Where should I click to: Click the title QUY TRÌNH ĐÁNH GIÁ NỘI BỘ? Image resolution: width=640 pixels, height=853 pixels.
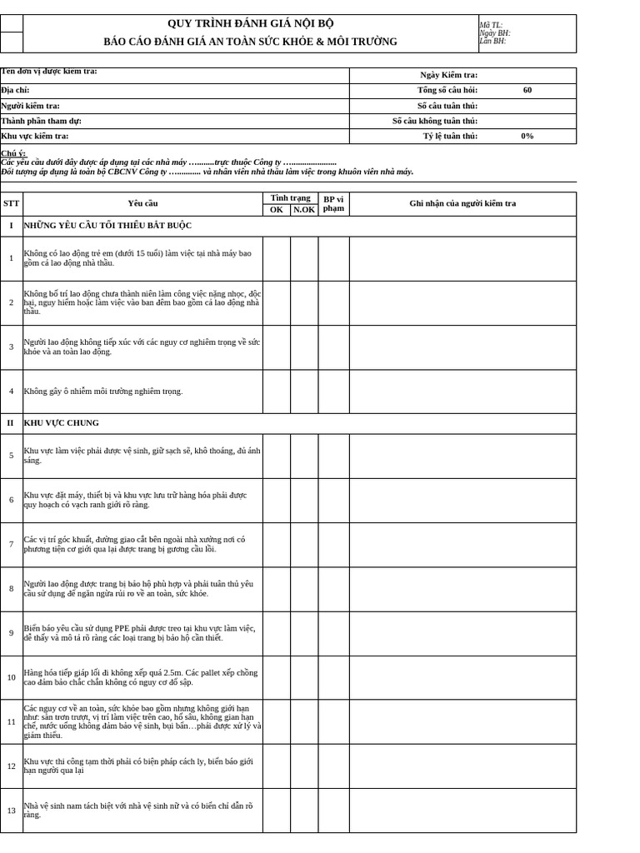pyautogui.click(x=250, y=23)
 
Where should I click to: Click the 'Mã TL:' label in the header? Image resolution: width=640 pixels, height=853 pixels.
pyautogui.click(x=491, y=25)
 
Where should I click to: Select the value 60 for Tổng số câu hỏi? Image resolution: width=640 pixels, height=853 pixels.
pyautogui.click(x=527, y=90)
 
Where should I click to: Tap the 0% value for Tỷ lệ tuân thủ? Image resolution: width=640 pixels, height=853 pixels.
pyautogui.click(x=527, y=136)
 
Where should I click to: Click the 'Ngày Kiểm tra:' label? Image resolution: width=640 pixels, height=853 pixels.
pyautogui.click(x=448, y=75)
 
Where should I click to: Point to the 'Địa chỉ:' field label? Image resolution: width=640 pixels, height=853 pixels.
pyautogui.click(x=16, y=90)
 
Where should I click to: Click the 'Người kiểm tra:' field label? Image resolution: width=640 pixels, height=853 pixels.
pyautogui.click(x=31, y=106)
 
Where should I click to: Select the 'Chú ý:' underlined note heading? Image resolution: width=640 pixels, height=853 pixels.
pyautogui.click(x=13, y=153)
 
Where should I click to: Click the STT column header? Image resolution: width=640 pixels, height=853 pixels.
pyautogui.click(x=11, y=203)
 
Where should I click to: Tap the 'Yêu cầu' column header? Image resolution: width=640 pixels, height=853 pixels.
pyautogui.click(x=142, y=203)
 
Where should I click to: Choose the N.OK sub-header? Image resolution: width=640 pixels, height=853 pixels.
pyautogui.click(x=304, y=210)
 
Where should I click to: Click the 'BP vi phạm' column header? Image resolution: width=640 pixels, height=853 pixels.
pyautogui.click(x=333, y=203)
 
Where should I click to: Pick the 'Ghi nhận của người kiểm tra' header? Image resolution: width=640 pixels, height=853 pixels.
pyautogui.click(x=462, y=203)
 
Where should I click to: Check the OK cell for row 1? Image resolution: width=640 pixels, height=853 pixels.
pyautogui.click(x=277, y=258)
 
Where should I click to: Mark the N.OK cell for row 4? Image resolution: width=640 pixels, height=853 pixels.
pyautogui.click(x=304, y=392)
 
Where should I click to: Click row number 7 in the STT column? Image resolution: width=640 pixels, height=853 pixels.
pyautogui.click(x=11, y=544)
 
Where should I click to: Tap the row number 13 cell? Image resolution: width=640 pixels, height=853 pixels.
pyautogui.click(x=11, y=811)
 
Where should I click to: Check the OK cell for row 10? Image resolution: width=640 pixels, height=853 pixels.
pyautogui.click(x=277, y=677)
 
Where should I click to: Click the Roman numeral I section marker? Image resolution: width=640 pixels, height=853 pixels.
pyautogui.click(x=11, y=226)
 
